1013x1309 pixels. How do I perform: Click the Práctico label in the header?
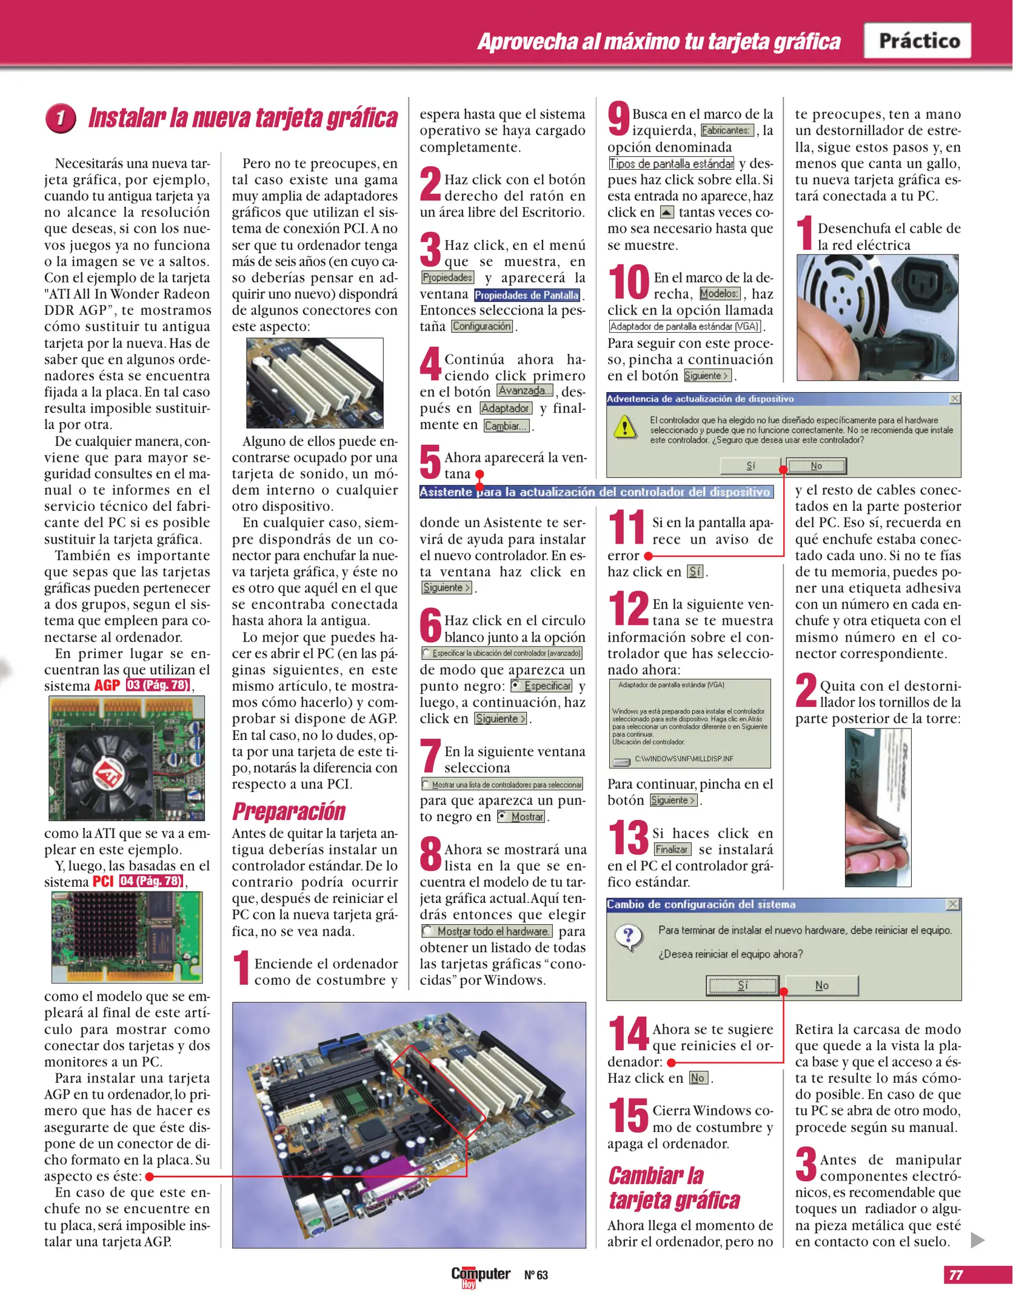click(919, 41)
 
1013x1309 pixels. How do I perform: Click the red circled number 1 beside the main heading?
click(61, 118)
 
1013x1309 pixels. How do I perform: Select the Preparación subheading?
click(289, 811)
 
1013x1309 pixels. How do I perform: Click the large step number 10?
click(629, 282)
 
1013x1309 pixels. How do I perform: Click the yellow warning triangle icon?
click(624, 428)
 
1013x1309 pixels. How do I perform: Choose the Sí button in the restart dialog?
click(743, 985)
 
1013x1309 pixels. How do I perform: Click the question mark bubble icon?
click(628, 937)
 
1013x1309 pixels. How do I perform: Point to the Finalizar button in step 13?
click(672, 850)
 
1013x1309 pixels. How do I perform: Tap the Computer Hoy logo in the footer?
click(480, 1275)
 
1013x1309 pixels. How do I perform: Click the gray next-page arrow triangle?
click(977, 1240)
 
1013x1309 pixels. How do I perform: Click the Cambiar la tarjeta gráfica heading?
click(674, 1188)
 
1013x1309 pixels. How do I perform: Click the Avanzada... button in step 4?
click(525, 391)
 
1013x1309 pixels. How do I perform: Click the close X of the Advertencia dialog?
click(955, 399)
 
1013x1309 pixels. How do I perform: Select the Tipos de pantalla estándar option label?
click(671, 164)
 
